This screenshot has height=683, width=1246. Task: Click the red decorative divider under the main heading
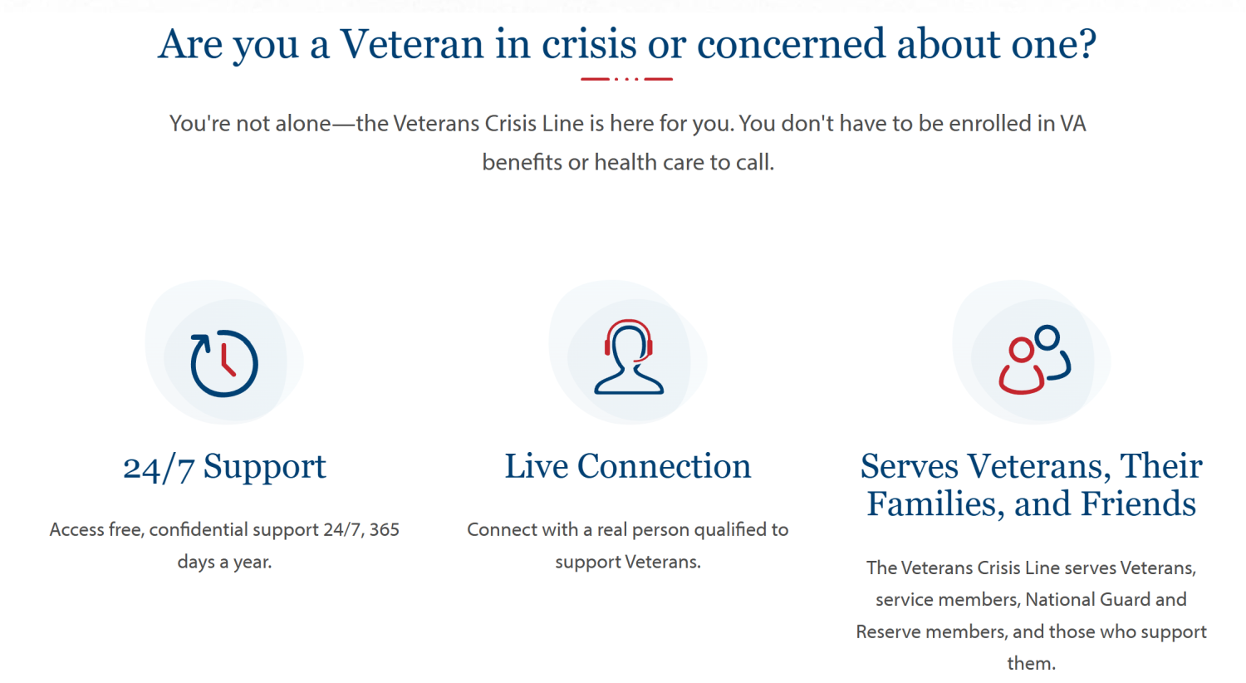[x=627, y=79]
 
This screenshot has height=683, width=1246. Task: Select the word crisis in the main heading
[x=589, y=44]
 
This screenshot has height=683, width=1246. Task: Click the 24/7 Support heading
[x=224, y=466]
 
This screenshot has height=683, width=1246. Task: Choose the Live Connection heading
[x=627, y=465]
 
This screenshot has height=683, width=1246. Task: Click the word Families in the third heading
[x=934, y=504]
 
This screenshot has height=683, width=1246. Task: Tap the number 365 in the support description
[x=385, y=529]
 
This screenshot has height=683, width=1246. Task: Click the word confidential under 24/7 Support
[x=198, y=529]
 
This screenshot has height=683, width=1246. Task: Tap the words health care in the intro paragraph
[x=649, y=162]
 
